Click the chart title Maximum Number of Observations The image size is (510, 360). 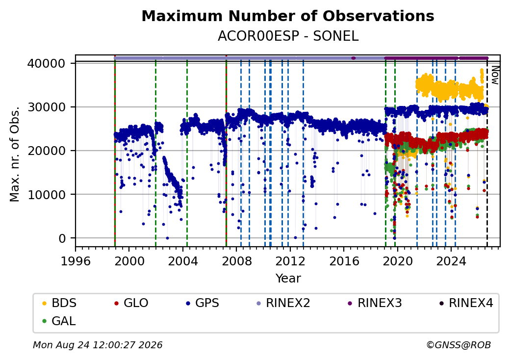(288, 16)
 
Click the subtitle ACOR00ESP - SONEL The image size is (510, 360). (288, 36)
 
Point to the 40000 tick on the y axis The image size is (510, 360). (47, 63)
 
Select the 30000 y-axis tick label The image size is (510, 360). (47, 107)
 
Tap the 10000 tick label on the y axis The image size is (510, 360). (47, 195)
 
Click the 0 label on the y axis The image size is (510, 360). (62, 238)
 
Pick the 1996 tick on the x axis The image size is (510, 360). (76, 261)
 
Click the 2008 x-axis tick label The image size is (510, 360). (236, 261)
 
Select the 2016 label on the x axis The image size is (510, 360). (344, 261)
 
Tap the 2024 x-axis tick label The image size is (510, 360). (451, 261)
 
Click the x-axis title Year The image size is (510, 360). (288, 279)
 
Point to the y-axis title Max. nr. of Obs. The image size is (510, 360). (15, 154)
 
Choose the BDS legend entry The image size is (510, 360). (59, 303)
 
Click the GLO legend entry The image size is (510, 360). (131, 303)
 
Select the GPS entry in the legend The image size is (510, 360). (203, 303)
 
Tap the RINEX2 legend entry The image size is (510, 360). (283, 303)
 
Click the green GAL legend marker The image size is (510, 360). (45, 321)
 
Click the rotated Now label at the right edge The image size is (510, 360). (495, 75)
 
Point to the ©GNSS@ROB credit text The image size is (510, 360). (459, 345)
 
